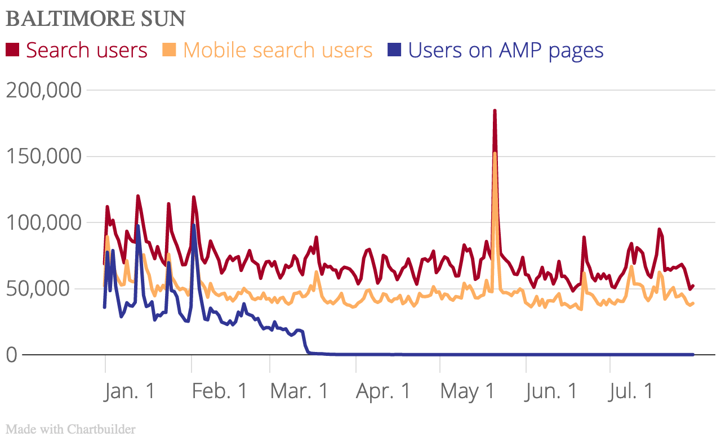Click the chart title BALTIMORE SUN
tap(95, 19)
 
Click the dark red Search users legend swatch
tap(12, 50)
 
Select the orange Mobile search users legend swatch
tap(170, 50)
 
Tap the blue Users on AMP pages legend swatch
tap(394, 50)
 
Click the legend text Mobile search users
tap(278, 50)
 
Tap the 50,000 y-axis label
tap(51, 289)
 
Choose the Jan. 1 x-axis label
tap(130, 391)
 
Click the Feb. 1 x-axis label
tap(219, 391)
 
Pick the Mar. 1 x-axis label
tap(299, 391)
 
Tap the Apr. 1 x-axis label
tap(384, 391)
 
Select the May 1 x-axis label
tap(468, 391)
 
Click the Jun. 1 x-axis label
tap(552, 391)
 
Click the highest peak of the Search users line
tap(495, 111)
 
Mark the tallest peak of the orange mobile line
tap(495, 153)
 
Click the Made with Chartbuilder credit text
tap(71, 429)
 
